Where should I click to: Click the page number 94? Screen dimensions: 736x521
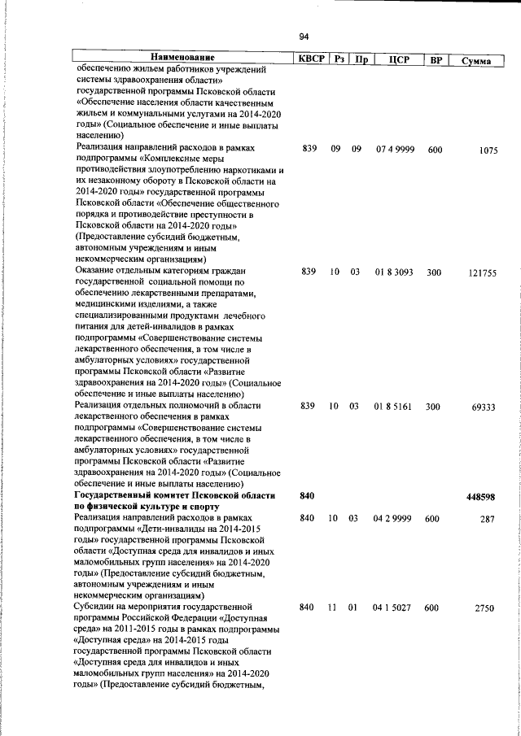tap(304, 37)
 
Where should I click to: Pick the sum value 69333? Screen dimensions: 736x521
tap(483, 407)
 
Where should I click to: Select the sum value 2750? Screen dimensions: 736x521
tap(485, 608)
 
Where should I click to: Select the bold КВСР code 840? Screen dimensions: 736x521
tap(307, 495)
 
